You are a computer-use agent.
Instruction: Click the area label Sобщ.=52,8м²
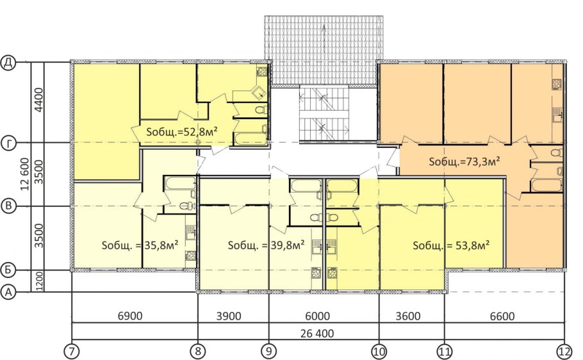coord(182,132)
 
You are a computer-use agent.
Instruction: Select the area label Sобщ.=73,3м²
coord(464,162)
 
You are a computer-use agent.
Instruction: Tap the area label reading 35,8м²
coord(140,245)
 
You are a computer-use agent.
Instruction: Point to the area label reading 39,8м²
coord(267,245)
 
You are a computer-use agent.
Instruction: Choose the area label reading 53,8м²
coord(451,245)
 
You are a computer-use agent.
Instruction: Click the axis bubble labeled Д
coord(8,63)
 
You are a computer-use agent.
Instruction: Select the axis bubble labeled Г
coord(8,143)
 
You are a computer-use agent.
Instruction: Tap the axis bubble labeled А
coord(8,292)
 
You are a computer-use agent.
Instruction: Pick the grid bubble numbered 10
coord(379,350)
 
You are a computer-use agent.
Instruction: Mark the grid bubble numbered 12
coord(564,350)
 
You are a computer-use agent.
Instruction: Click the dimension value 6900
coord(130,316)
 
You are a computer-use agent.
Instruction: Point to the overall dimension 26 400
coord(317,333)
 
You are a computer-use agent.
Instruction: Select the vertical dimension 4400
coord(38,100)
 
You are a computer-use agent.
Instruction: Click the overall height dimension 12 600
coord(25,174)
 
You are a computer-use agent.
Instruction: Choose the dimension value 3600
coord(408,316)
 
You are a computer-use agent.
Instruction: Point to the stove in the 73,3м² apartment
coord(557,85)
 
